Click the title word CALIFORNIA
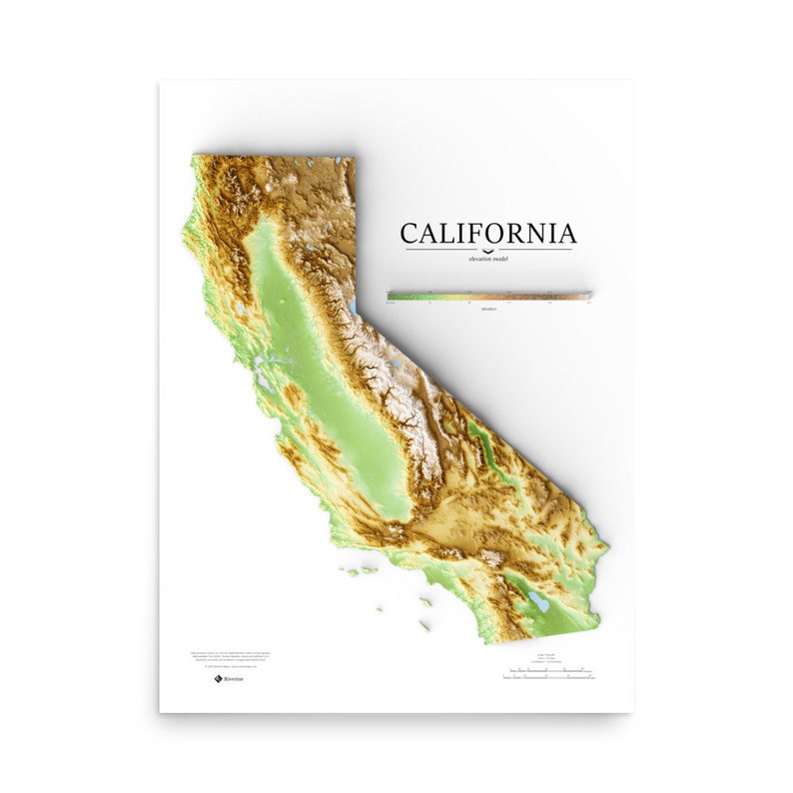pos(487,234)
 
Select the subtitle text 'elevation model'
pos(487,259)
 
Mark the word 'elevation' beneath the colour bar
pos(488,309)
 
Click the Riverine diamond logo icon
pos(217,678)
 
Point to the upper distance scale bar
pos(547,670)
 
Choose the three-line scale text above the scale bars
pos(547,659)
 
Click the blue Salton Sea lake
pos(539,602)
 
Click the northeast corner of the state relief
pos(353,158)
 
